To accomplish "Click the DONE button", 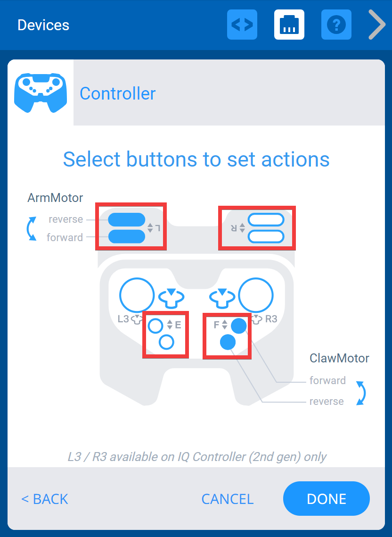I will tap(326, 499).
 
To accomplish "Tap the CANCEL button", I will tap(227, 499).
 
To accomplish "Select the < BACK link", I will tap(45, 499).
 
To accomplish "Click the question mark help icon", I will tap(336, 25).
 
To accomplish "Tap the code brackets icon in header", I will tap(242, 25).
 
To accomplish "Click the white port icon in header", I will tap(289, 25).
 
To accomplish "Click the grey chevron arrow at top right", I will tap(377, 25).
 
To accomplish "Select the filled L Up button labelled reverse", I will tap(126, 219).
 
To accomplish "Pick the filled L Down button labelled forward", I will tap(126, 236).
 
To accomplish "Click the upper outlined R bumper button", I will tap(266, 219).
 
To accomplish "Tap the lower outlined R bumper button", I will tap(266, 236).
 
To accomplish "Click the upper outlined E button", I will tap(155, 325).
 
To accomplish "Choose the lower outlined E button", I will tap(166, 342).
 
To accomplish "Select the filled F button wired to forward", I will tap(239, 325).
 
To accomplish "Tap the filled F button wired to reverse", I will tap(228, 342).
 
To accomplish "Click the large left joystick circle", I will tap(137, 295).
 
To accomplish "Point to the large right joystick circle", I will tap(256, 295).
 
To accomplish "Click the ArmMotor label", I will tap(55, 198).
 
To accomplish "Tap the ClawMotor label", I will tap(339, 358).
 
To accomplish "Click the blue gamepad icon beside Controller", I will tap(41, 92).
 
